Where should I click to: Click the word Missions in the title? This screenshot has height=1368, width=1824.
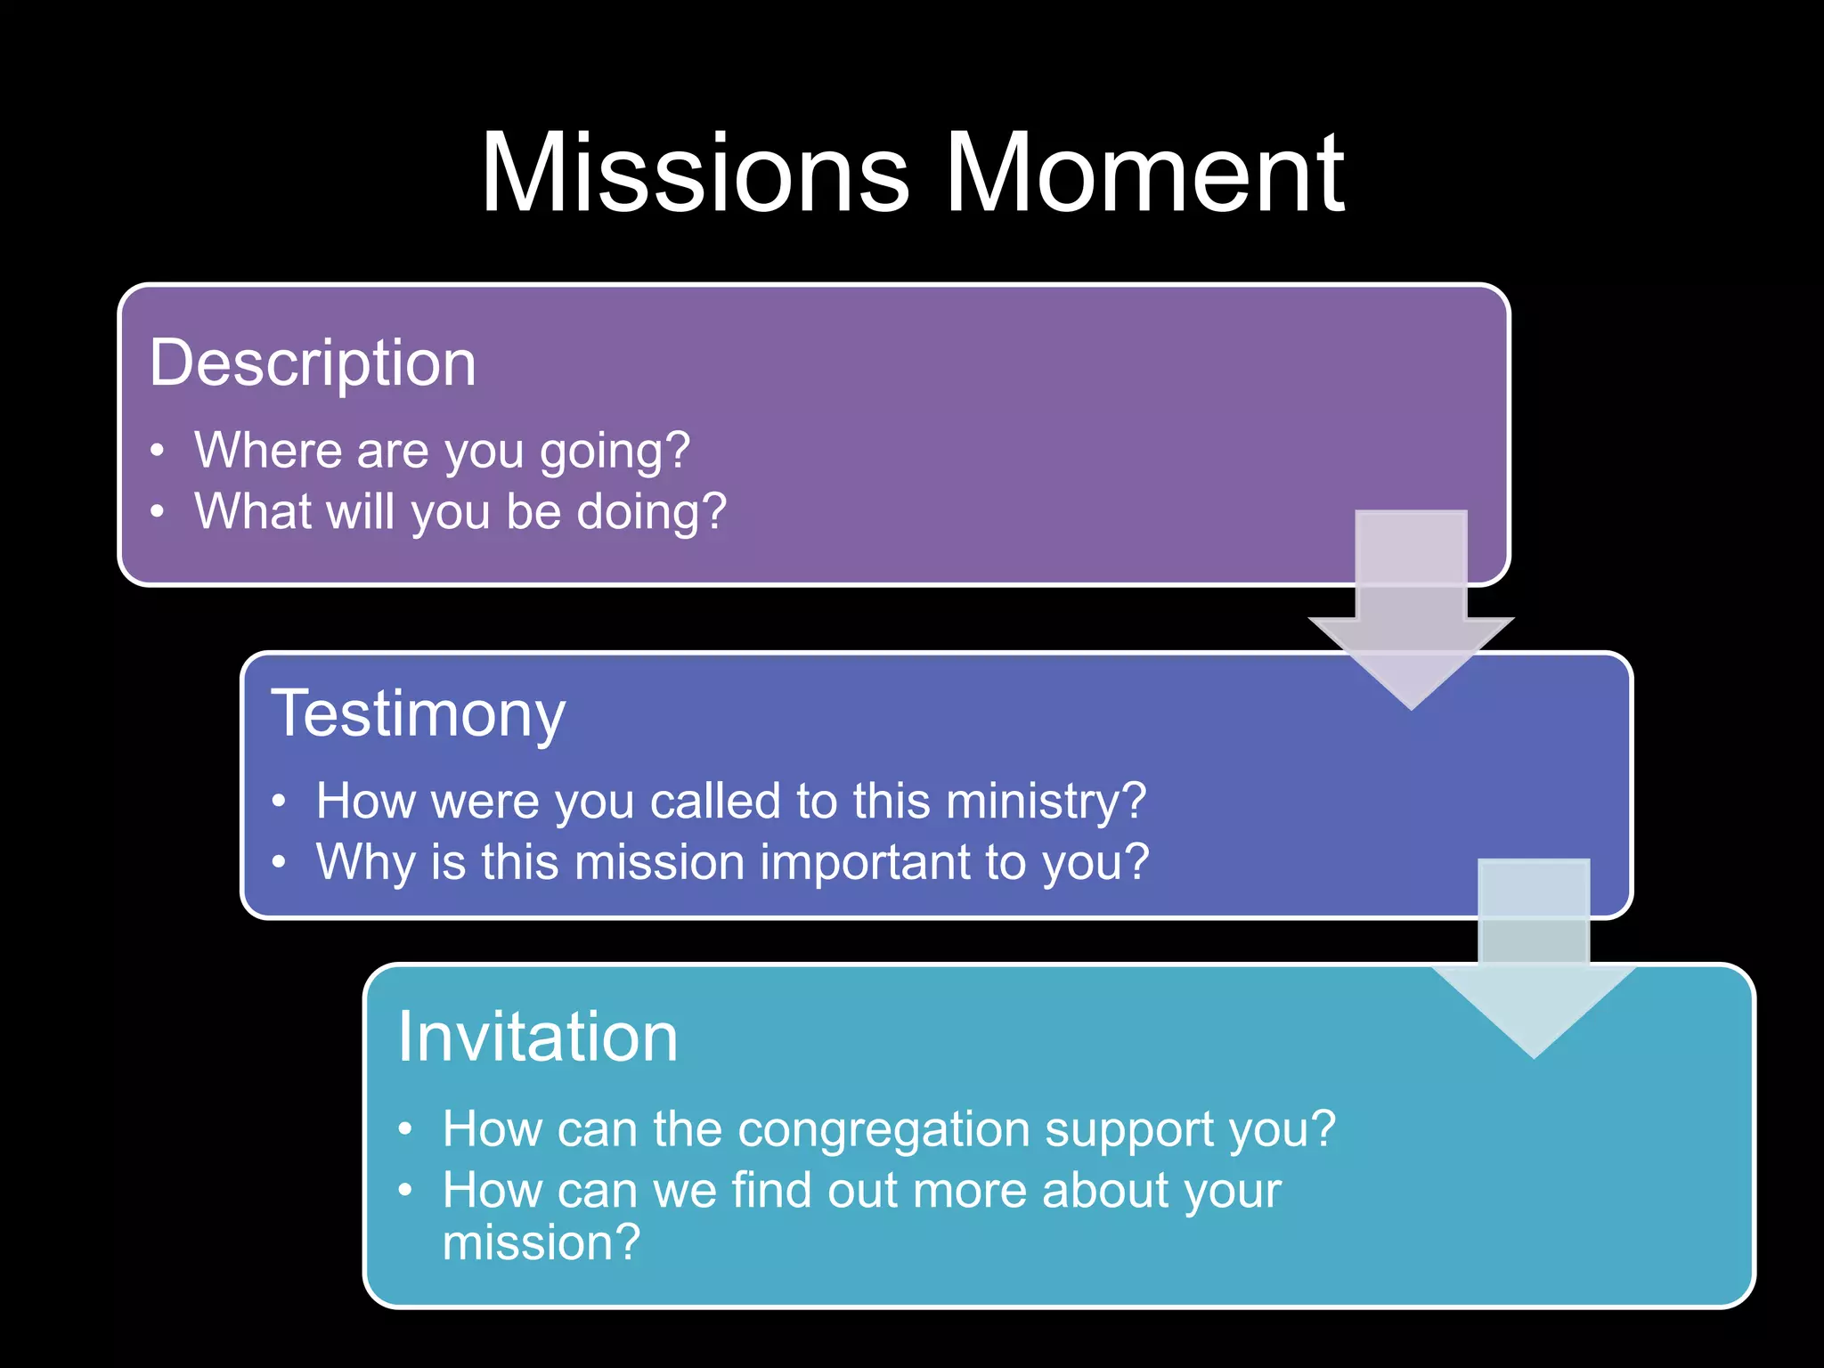[696, 173]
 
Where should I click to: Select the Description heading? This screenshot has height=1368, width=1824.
[313, 363]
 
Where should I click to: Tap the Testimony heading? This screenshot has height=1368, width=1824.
[418, 714]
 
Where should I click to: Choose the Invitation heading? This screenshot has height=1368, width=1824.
[537, 1038]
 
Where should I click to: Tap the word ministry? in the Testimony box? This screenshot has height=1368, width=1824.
[1046, 802]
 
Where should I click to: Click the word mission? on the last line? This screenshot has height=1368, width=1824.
[541, 1243]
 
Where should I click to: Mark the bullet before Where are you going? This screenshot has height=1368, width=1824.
[158, 451]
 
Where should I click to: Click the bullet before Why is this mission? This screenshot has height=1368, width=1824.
[279, 862]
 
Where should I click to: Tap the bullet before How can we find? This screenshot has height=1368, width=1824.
[405, 1190]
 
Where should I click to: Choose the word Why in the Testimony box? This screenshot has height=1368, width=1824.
[365, 863]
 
